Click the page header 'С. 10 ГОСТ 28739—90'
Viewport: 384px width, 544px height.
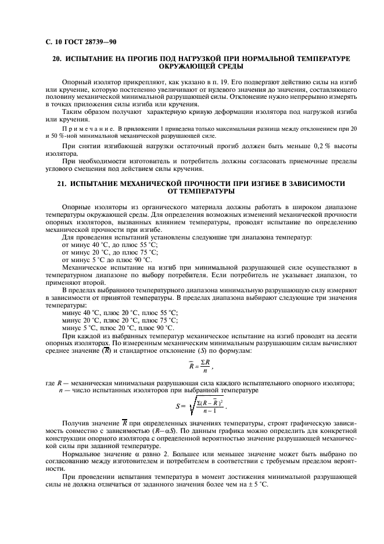[76, 42]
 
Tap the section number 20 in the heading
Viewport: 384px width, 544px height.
[57, 59]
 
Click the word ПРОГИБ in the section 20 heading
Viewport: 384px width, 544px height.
[150, 59]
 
